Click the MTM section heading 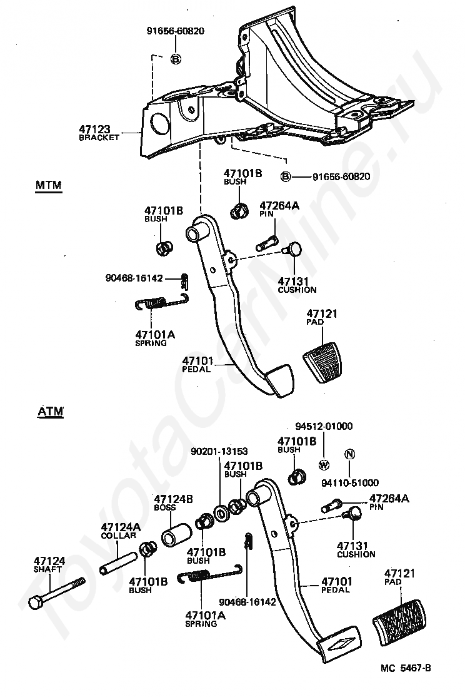tap(47, 186)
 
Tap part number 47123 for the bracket tap(94, 130)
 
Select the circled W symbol tap(324, 465)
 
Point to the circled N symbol tap(349, 454)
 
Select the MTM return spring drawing tap(162, 304)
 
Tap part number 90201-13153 tap(219, 450)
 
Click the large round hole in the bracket tap(161, 123)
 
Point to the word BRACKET tap(99, 138)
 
